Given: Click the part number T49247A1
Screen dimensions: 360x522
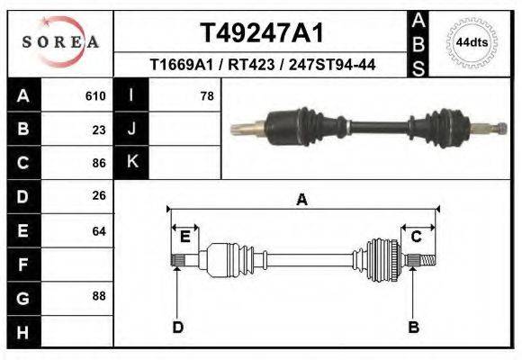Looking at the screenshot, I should coord(261,33).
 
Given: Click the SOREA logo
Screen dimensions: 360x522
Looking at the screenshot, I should coord(60,42).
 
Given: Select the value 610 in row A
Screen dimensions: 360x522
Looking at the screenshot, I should coord(95,95).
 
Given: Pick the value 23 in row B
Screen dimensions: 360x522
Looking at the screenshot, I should coord(99,130).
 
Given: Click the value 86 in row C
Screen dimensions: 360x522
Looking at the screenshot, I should coord(99,163).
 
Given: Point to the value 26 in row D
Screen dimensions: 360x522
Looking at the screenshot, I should coord(99,195).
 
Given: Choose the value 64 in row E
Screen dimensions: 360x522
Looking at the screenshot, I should coord(99,231).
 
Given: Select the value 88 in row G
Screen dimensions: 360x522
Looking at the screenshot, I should coord(99,295).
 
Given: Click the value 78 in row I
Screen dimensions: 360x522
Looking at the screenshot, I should coord(206,95).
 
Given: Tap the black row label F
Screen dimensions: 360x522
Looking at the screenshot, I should coord(22,265).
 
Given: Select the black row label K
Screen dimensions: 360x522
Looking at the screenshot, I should coord(131,162).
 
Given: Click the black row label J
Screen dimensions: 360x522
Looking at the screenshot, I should coord(131,129).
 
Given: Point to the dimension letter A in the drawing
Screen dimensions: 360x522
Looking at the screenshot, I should coord(302,200).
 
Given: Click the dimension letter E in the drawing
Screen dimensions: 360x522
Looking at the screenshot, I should coord(185,237).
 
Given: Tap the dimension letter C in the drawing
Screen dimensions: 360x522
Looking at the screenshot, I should coord(417,237).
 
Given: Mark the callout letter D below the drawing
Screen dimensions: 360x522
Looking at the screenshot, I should coord(177,327).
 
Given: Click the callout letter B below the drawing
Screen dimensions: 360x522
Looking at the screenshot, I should coord(414,327).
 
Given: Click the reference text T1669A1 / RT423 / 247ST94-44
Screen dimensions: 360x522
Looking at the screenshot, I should coord(261,65).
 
